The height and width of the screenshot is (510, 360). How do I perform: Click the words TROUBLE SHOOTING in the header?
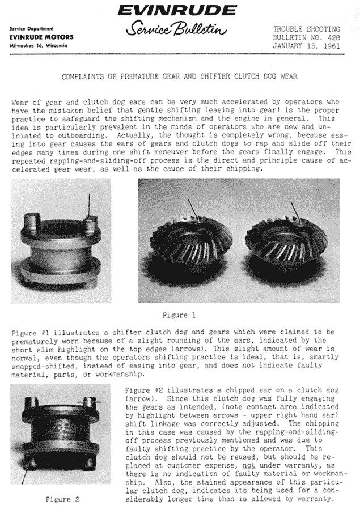[307, 28]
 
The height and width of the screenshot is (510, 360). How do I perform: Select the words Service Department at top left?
[31, 29]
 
